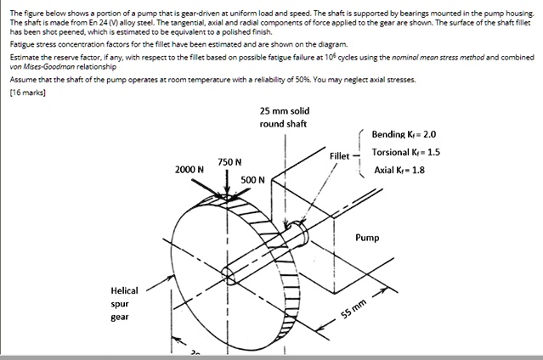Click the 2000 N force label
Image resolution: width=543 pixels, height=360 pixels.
point(189,169)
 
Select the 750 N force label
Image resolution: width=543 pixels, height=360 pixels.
point(229,161)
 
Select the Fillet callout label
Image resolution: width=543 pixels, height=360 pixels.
point(339,155)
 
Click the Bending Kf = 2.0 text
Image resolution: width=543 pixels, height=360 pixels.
point(404,134)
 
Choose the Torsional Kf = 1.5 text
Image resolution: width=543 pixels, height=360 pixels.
point(405,152)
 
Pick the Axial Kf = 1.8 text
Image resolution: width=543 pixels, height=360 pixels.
point(399,170)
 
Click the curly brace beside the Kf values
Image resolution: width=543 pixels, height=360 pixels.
point(362,153)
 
